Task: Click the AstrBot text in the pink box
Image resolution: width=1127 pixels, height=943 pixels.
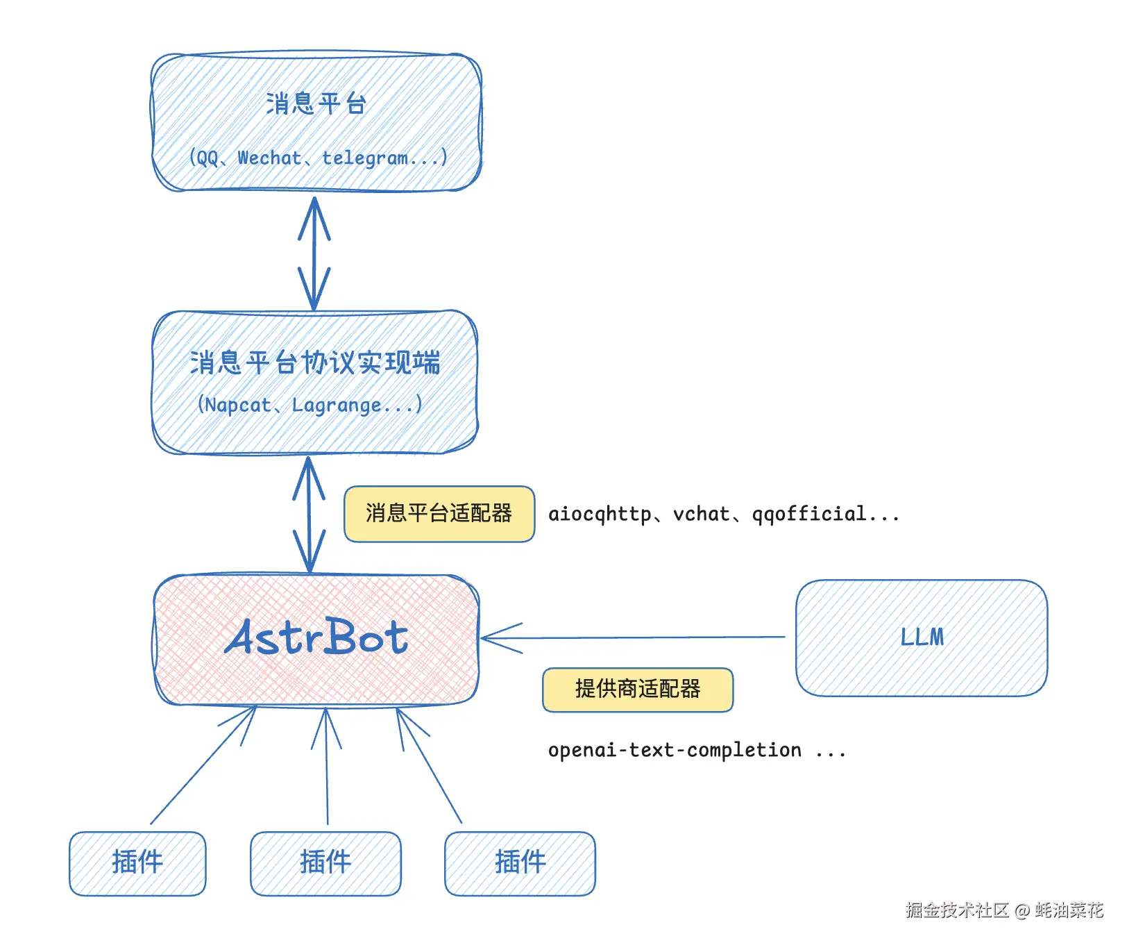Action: coord(316,637)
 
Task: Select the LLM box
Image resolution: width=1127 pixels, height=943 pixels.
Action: coord(922,637)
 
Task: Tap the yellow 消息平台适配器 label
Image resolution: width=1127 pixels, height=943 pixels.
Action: coord(439,514)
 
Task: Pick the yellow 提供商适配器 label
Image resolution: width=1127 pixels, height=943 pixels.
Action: coord(637,690)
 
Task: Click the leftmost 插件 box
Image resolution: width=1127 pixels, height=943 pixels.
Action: coord(137,863)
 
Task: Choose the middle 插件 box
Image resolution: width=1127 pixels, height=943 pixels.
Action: coord(325,863)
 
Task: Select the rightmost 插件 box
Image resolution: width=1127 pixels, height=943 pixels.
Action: coord(520,863)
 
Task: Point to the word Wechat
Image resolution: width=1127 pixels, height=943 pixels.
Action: coord(269,158)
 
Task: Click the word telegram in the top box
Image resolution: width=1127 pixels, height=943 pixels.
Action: coord(365,158)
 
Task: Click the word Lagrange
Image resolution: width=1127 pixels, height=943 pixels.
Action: coord(336,405)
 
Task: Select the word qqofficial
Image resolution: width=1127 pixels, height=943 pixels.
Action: coord(809,514)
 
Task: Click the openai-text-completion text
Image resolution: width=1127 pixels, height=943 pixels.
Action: coord(675,751)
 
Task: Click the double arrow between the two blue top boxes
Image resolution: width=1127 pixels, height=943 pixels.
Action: coord(314,253)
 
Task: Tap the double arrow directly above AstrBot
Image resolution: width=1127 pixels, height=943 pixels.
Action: coord(310,514)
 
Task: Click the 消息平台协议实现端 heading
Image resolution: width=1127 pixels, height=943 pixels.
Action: coord(315,363)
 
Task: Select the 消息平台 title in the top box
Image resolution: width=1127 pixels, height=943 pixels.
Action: coord(316,104)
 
